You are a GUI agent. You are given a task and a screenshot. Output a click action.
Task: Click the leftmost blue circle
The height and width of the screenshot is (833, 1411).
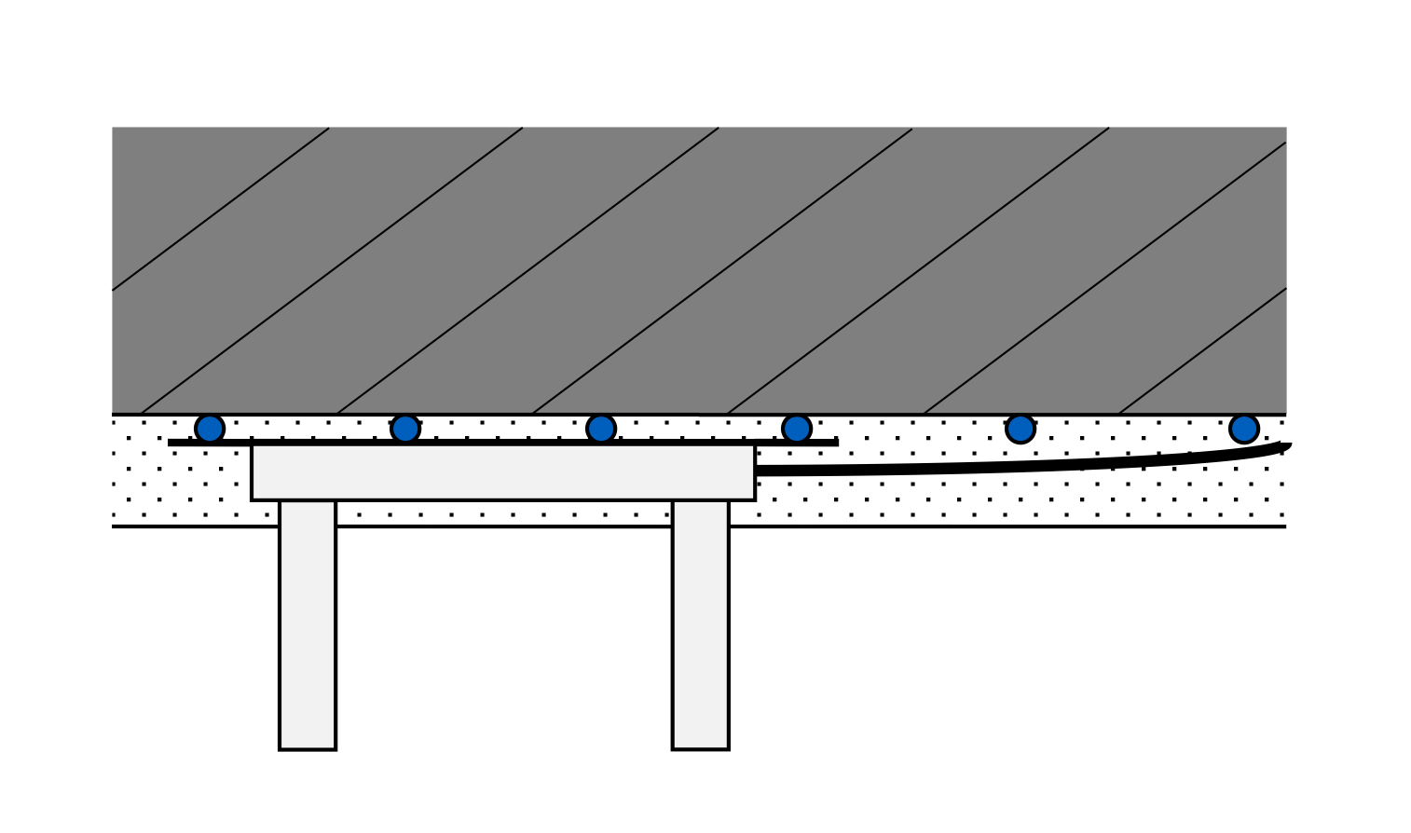point(210,429)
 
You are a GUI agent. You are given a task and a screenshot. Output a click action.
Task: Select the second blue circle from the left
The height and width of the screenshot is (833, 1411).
point(405,429)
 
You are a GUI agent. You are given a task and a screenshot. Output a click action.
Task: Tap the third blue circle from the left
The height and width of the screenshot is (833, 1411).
point(601,429)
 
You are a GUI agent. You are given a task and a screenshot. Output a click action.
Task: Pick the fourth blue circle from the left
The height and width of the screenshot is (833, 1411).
point(797,429)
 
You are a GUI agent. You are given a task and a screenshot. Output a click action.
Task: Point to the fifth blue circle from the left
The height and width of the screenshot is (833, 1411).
point(1021,429)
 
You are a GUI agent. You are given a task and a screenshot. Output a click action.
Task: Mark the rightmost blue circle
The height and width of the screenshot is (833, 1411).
point(1244,429)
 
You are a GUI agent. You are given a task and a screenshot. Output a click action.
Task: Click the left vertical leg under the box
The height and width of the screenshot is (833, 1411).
point(308,624)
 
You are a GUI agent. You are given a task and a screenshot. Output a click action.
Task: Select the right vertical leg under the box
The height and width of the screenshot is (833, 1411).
point(701,624)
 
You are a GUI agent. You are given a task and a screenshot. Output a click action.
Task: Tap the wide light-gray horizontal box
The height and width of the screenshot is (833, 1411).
point(503,472)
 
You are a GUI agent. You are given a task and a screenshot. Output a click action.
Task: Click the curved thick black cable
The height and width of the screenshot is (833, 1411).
point(1025,465)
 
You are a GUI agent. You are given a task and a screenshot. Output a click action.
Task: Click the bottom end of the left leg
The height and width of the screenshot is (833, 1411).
point(308,747)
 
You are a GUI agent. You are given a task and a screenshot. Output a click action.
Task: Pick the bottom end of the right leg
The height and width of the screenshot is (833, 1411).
point(701,747)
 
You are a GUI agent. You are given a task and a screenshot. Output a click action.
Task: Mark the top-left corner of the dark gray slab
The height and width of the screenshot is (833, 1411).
point(113,129)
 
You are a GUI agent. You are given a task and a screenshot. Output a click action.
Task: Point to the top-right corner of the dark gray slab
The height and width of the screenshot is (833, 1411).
point(1285,129)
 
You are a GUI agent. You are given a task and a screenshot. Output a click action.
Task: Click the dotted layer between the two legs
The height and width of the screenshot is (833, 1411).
point(503,513)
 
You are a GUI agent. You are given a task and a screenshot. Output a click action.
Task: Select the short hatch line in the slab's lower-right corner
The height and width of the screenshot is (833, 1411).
point(1202,351)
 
